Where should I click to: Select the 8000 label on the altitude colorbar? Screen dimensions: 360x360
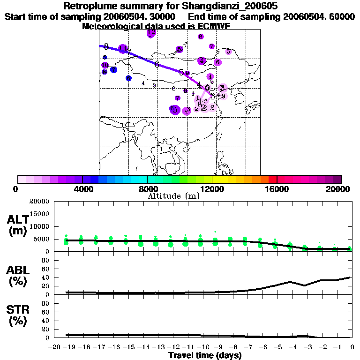(147, 189)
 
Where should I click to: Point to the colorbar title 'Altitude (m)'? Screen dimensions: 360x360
(173, 195)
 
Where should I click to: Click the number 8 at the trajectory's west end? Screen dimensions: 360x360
(106, 46)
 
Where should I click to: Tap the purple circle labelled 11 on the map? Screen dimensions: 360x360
(123, 49)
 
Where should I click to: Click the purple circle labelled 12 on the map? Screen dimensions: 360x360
(151, 33)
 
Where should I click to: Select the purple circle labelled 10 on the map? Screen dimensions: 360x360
(105, 65)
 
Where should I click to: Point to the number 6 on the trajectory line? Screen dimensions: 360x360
(157, 64)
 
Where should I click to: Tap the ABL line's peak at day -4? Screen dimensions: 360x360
(291, 282)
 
